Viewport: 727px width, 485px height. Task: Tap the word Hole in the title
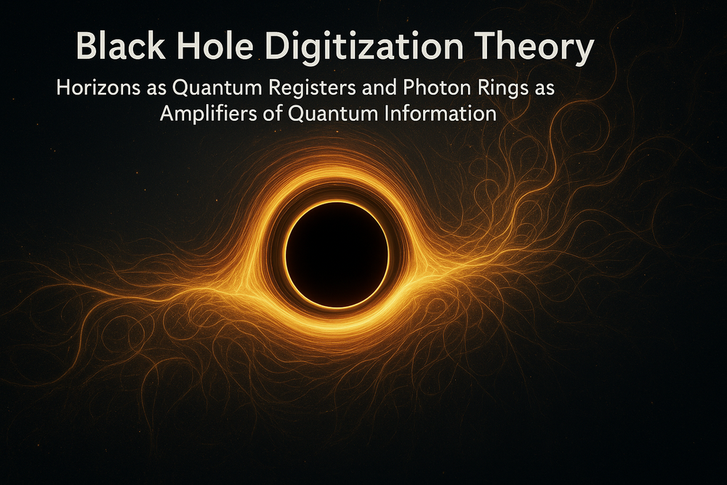218,48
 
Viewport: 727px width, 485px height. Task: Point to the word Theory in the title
539,49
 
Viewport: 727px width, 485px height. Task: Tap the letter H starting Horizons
62,89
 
